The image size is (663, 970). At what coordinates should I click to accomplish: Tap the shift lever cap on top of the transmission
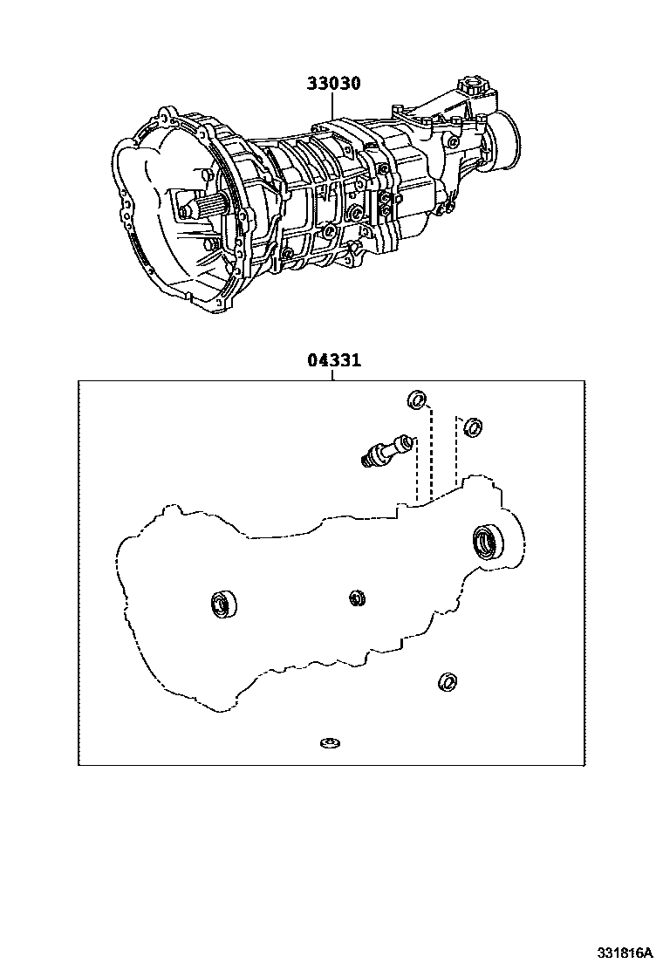tap(474, 87)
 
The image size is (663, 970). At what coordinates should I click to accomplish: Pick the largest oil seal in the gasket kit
tap(487, 541)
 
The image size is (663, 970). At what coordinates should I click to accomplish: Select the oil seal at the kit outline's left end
tap(224, 604)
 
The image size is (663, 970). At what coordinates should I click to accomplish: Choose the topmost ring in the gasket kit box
tap(418, 400)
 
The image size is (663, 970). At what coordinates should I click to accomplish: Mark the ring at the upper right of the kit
tap(471, 427)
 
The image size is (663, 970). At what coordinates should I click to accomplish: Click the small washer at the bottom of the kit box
tap(330, 743)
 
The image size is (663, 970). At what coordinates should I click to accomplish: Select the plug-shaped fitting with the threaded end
tap(384, 450)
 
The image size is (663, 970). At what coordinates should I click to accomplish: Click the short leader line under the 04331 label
tap(332, 375)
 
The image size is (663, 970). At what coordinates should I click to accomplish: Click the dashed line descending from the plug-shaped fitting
tap(415, 471)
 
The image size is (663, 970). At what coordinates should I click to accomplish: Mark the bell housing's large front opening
tap(166, 218)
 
